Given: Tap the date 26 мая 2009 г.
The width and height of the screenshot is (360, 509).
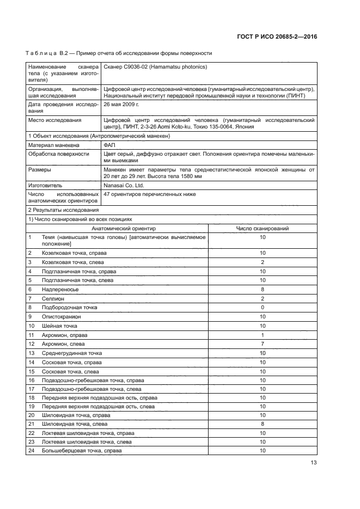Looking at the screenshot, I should point(121,103).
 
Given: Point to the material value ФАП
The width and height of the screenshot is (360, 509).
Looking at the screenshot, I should point(109,145).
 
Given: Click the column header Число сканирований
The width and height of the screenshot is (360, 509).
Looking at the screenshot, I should point(262,229).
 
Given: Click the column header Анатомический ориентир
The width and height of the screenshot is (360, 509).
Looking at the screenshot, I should point(124,229).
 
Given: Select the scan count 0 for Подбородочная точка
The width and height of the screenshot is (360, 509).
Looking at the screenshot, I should point(263,308).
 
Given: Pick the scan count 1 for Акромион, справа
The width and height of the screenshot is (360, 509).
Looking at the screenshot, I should point(263,335).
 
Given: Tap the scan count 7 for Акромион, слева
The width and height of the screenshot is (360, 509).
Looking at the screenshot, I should point(263,344).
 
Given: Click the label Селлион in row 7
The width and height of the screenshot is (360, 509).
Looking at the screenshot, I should point(53,298).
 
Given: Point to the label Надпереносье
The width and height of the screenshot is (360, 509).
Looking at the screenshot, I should point(60,290).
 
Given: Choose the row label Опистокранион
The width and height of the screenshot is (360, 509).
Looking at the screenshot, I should point(62,316).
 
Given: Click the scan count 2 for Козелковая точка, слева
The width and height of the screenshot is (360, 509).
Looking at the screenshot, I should point(263,262).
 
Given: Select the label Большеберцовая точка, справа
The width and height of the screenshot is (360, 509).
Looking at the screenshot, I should point(82,451).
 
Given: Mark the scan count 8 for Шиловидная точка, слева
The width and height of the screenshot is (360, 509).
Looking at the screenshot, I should point(263,424).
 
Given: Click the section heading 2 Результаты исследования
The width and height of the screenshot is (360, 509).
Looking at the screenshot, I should point(63,210).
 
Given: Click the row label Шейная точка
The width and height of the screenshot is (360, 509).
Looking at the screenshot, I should point(60,326).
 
